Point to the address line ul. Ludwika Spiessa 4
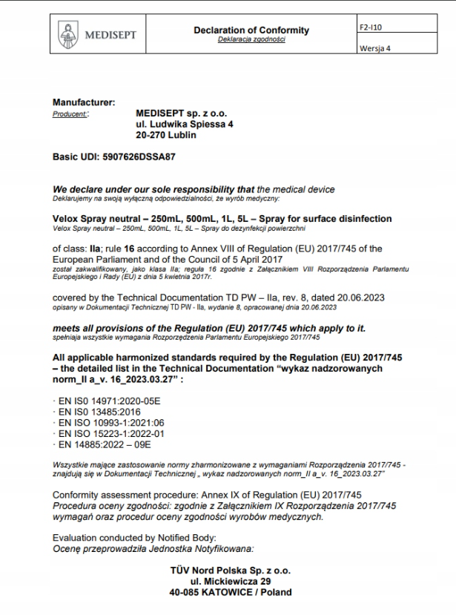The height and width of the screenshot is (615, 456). coord(185,125)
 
